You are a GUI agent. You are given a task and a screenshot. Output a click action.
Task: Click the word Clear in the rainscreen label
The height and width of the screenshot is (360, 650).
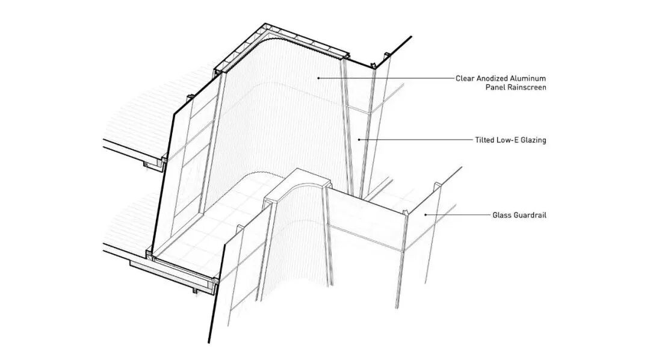point(465,78)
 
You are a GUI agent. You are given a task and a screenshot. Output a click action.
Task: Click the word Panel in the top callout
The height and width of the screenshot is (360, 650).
point(495,87)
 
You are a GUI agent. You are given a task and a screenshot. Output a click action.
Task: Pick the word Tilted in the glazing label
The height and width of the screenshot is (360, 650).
point(485,140)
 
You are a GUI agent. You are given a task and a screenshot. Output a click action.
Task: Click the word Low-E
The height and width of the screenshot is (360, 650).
point(508,140)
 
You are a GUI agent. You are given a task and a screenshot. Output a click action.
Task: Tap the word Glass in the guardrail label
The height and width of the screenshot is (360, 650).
point(502,215)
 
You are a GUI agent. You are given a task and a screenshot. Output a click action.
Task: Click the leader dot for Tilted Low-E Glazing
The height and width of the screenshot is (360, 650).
point(359,140)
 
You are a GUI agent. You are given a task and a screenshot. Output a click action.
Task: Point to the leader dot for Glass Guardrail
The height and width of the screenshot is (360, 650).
point(426,214)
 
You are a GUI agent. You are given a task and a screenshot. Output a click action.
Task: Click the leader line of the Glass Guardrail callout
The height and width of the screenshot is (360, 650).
point(457,214)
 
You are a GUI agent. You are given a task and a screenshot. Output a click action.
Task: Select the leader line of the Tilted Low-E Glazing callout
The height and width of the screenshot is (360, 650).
point(415,140)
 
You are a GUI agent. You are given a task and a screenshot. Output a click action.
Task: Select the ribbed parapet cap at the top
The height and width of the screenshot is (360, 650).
point(283,42)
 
